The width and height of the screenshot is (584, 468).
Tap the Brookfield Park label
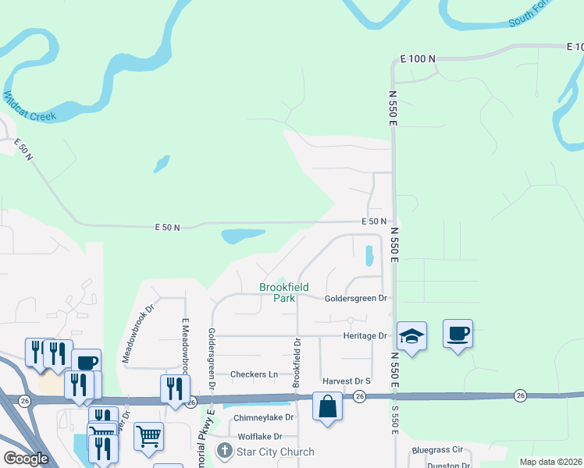pos(278,292)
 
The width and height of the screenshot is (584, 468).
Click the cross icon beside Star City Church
pos(225,452)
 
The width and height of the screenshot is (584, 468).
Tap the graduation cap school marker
pos(411,336)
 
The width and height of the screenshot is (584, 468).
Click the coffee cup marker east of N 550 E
pos(458,334)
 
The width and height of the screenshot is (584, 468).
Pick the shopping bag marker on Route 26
pos(327,406)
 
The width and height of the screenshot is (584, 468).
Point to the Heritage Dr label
pos(365,335)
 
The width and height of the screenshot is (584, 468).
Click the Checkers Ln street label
pos(254,374)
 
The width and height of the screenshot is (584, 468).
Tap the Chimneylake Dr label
pos(263,417)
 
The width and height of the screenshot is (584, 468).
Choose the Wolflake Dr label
pos(265,436)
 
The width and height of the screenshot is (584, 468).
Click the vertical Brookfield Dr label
pos(297,363)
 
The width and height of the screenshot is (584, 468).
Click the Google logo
pos(27,459)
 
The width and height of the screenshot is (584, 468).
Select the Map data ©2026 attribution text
pos(551,462)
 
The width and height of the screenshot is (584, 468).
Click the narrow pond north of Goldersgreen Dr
pos(369,255)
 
